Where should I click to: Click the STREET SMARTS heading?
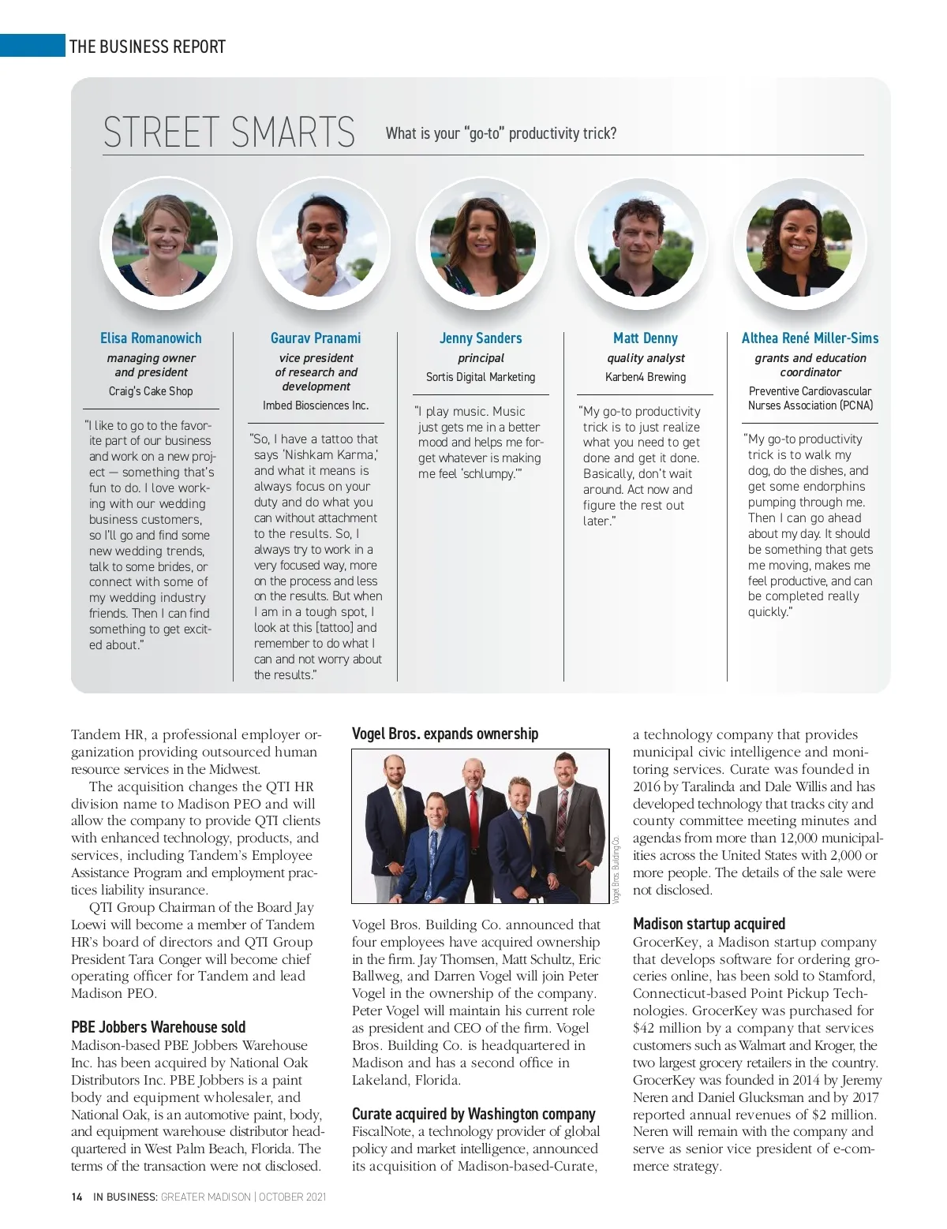pyautogui.click(x=229, y=133)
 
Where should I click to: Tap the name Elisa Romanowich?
pyautogui.click(x=151, y=338)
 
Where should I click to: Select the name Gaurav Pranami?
pyautogui.click(x=316, y=338)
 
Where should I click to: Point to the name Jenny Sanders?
pyautogui.click(x=481, y=338)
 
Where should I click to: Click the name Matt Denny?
pyautogui.click(x=646, y=338)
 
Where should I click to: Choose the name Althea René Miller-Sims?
pyautogui.click(x=810, y=338)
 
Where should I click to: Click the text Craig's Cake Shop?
pyautogui.click(x=151, y=391)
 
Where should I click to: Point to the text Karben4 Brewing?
pyautogui.click(x=646, y=377)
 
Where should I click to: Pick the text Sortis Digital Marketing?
pyautogui.click(x=481, y=377)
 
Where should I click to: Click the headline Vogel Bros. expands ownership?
pyautogui.click(x=445, y=734)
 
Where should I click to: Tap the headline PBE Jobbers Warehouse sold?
pyautogui.click(x=158, y=1027)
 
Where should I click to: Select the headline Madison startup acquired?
pyautogui.click(x=709, y=924)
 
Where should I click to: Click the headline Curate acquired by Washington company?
pyautogui.click(x=473, y=1114)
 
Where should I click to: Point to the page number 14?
pyautogui.click(x=77, y=1197)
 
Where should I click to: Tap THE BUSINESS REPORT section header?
pyautogui.click(x=148, y=47)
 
